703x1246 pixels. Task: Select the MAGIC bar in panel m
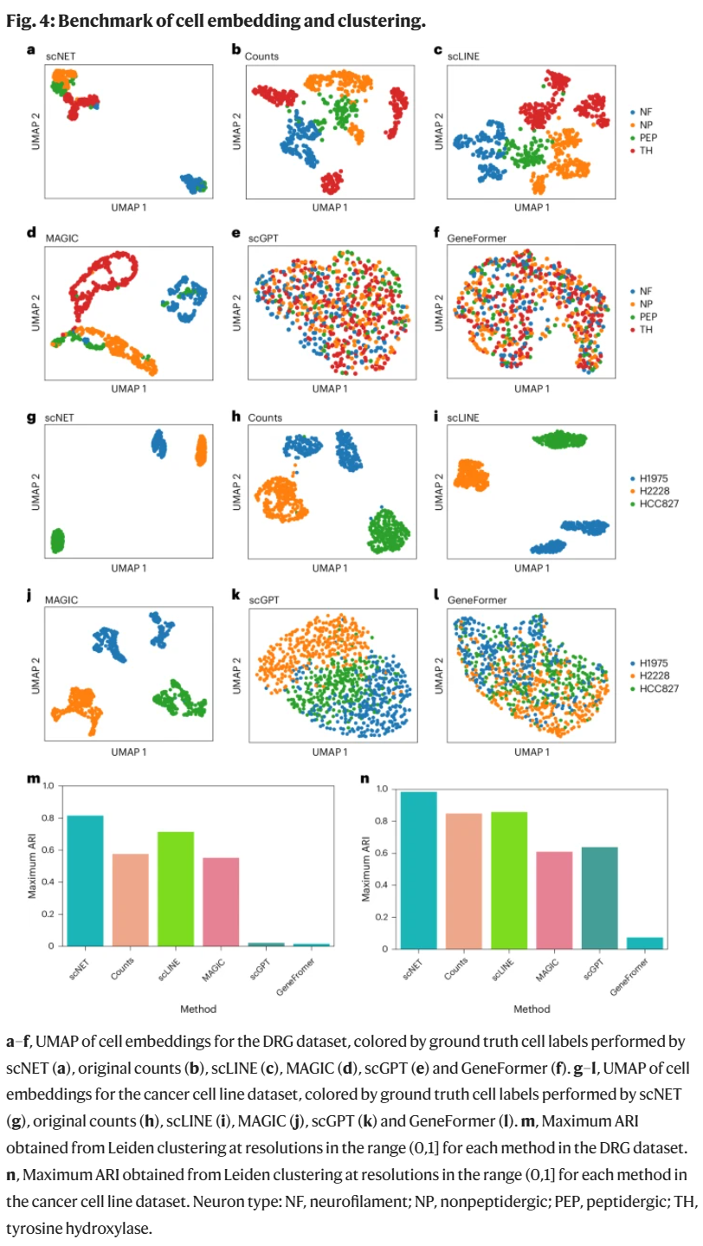coord(221,901)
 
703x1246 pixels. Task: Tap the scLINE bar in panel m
coord(176,888)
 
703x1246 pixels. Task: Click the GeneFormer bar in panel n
coord(645,943)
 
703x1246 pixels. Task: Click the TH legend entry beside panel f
coord(645,330)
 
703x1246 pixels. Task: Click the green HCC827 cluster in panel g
coord(58,541)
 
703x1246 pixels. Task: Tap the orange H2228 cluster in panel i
coord(473,475)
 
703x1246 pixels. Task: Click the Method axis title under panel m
coord(198,1008)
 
